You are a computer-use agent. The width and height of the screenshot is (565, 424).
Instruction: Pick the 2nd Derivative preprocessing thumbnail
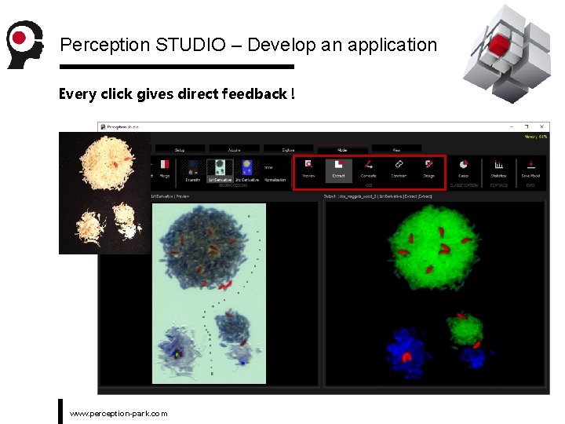click(247, 168)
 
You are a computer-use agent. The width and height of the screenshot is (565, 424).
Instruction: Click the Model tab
click(341, 148)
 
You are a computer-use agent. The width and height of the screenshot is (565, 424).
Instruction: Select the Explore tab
click(287, 148)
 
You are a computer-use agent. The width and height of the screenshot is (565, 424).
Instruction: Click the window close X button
click(542, 126)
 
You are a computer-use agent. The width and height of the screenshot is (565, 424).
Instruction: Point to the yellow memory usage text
click(536, 137)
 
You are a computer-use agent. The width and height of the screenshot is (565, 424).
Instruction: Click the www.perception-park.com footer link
click(118, 413)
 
